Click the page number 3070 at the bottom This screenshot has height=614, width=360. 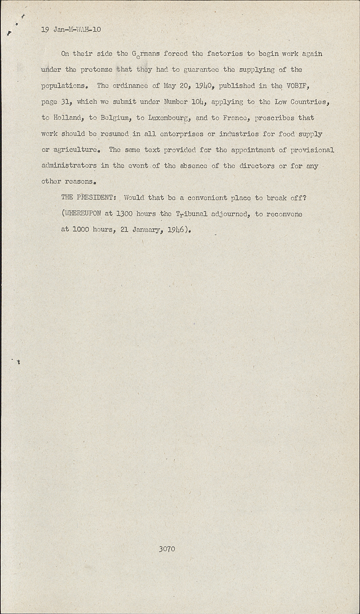pyautogui.click(x=167, y=549)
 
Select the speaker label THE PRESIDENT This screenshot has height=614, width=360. pyautogui.click(x=89, y=198)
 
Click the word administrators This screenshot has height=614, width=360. pyautogui.click(x=69, y=166)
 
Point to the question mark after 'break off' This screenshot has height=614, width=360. pyautogui.click(x=305, y=198)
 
